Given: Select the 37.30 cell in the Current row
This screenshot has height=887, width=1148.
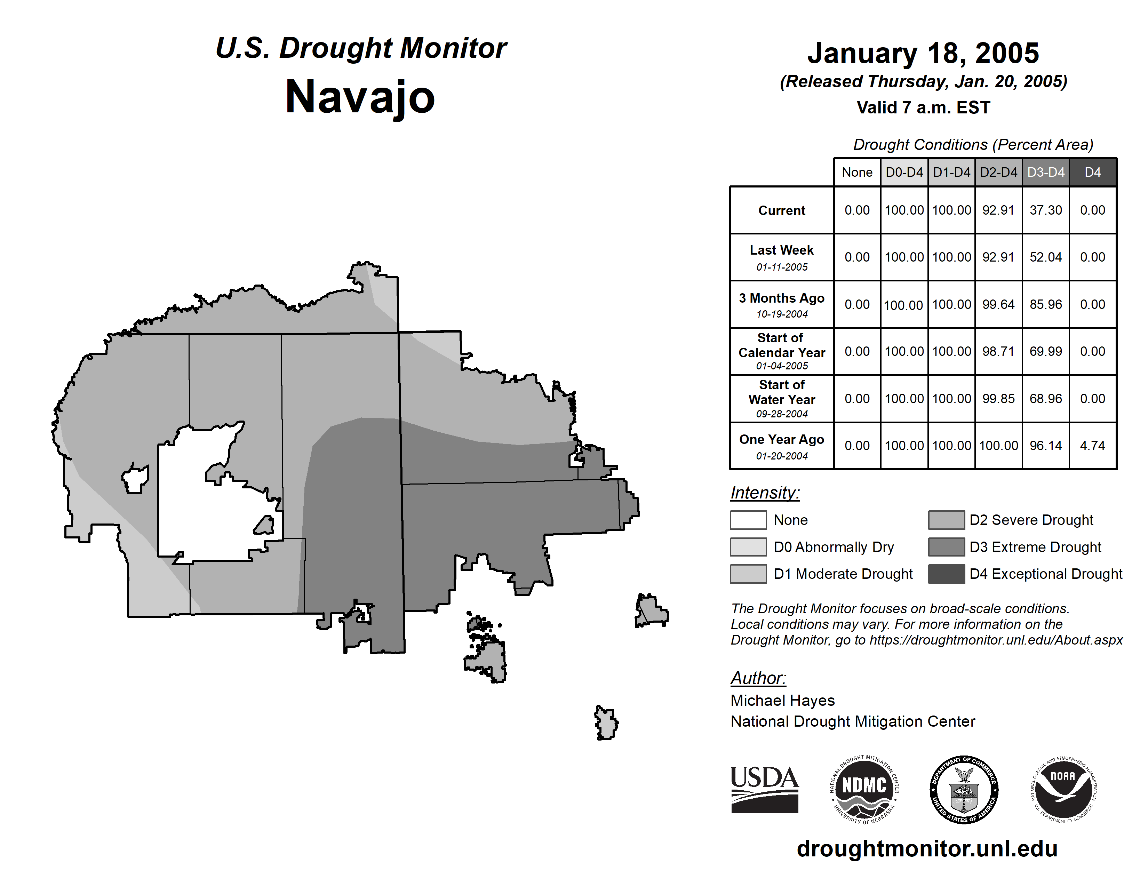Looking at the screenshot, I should click(x=1045, y=210).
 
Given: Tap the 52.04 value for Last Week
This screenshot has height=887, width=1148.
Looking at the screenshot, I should click(x=1045, y=257).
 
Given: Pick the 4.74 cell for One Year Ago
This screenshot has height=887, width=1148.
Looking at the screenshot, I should click(x=1092, y=446).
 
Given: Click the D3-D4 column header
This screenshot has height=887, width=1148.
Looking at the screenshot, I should click(x=1045, y=172).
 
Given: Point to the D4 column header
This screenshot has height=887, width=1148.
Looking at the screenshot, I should click(x=1092, y=172).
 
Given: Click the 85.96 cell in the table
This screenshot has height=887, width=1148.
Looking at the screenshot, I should click(x=1045, y=305).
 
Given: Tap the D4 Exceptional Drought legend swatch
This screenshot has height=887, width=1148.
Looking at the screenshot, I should click(x=946, y=574).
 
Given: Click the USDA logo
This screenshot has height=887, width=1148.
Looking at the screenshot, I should click(x=764, y=789).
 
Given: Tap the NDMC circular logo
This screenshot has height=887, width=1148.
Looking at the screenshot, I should click(x=864, y=789).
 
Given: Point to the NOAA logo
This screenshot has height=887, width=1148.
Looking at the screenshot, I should click(x=1063, y=789).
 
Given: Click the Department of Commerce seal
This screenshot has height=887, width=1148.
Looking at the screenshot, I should click(x=964, y=789).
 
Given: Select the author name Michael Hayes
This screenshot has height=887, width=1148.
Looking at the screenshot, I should click(x=782, y=701).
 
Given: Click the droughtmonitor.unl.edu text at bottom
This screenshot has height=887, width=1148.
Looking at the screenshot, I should click(x=927, y=849).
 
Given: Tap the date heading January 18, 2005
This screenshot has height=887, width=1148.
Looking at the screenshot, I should click(x=923, y=54).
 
